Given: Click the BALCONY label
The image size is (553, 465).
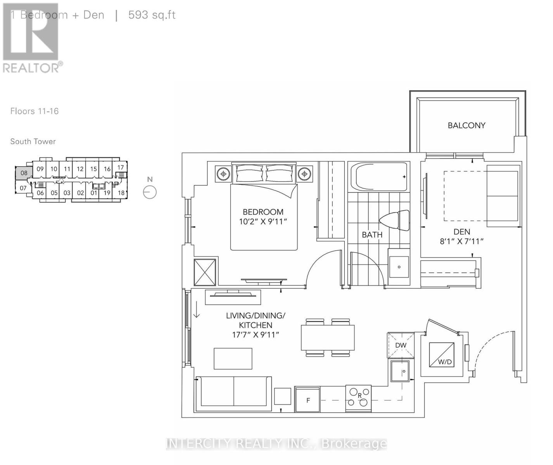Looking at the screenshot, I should [466, 126].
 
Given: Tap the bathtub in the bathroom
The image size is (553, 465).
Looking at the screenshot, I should [379, 177].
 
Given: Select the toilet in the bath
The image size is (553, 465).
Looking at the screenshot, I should [395, 221].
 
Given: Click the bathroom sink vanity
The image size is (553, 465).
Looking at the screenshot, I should [399, 267].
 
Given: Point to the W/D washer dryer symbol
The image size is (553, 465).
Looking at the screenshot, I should [442, 355].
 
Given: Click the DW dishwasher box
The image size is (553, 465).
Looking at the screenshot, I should [401, 345].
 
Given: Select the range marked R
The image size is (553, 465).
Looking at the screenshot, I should [358, 398].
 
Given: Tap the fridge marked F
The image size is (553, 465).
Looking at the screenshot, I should [308, 400].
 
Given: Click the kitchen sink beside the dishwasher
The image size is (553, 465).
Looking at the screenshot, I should [400, 372].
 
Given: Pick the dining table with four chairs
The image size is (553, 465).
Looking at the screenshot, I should [328, 338].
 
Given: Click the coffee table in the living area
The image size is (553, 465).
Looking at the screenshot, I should [233, 358].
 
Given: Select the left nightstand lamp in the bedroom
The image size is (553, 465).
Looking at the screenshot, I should [223, 174].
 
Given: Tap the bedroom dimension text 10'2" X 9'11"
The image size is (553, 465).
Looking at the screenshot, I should [263, 222].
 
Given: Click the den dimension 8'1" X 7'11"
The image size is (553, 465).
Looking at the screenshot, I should [461, 241].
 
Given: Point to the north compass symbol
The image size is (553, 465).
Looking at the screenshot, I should [150, 192].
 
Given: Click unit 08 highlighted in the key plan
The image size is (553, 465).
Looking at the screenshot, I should [24, 173].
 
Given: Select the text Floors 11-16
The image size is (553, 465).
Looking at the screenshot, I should [35, 111].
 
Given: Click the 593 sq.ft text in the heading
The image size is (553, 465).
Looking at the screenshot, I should [152, 15].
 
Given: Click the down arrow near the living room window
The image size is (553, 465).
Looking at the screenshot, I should [197, 310].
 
